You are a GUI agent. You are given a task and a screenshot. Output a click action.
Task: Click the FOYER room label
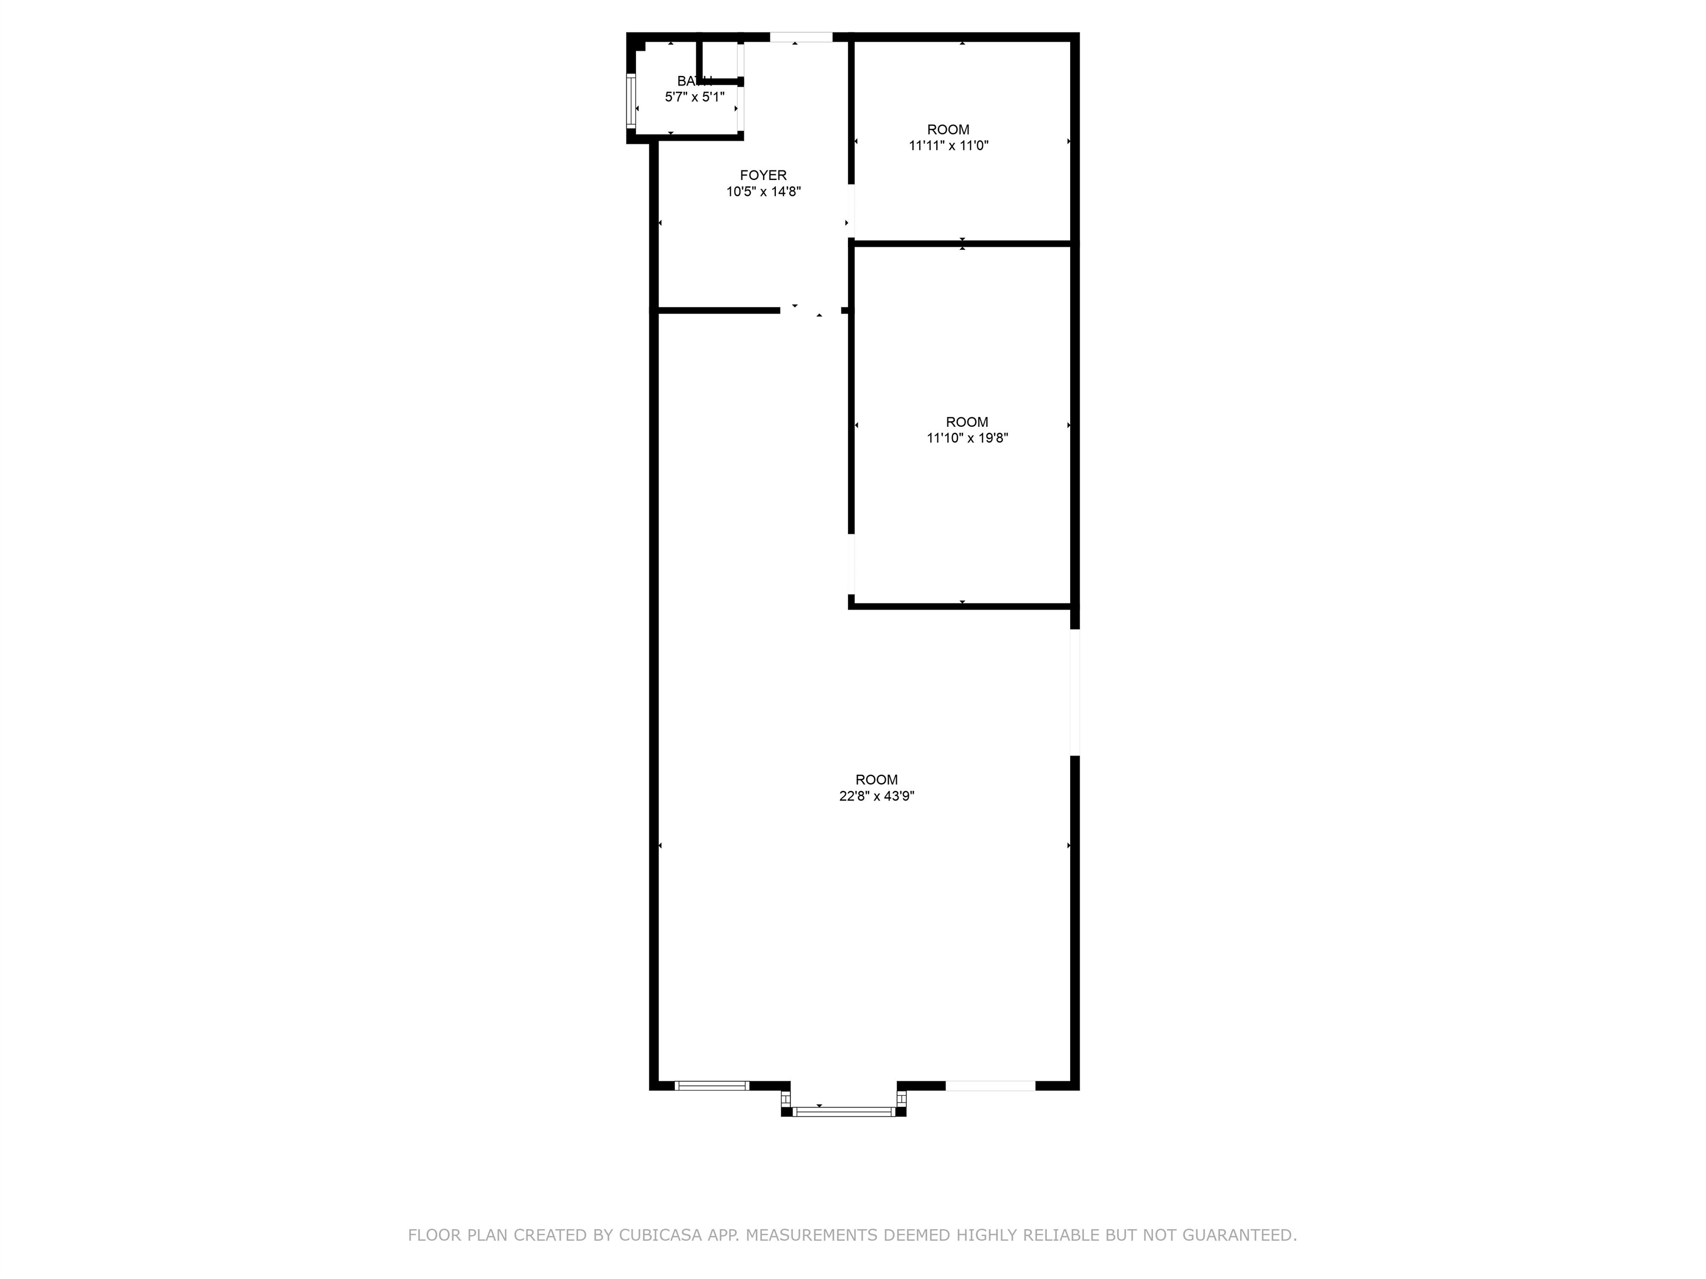point(763,175)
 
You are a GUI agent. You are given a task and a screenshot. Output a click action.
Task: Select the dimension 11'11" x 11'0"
point(948,145)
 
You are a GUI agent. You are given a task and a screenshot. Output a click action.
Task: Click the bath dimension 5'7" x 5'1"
point(694,97)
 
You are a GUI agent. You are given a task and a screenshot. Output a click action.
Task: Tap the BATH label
point(694,81)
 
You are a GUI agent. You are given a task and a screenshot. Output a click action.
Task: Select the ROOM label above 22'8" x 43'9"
point(876,779)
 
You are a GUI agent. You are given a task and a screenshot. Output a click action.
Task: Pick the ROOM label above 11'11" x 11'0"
point(948,129)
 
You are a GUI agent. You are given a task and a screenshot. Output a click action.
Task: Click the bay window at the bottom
point(843,1111)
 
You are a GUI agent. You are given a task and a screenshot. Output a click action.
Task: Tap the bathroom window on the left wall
point(631,100)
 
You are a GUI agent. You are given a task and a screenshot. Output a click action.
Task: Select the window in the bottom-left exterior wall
point(711,1085)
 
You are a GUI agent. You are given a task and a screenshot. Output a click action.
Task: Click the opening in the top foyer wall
point(801,37)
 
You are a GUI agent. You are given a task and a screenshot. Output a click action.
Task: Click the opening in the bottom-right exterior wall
point(990,1085)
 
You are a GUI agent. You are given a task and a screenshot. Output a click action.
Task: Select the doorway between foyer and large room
point(810,311)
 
